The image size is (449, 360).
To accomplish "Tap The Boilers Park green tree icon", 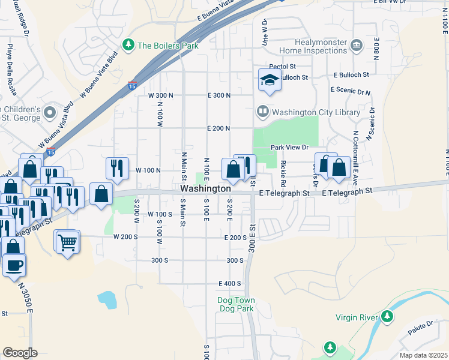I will [x=128, y=45].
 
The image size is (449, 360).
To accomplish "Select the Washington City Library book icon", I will [x=262, y=112].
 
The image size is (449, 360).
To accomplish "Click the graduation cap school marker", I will [x=270, y=80].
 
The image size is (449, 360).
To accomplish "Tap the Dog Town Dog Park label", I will [x=236, y=304].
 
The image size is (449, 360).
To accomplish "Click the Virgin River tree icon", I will [x=387, y=315].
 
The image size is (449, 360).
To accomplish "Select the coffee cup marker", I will [x=14, y=264].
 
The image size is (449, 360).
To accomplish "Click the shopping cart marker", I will [x=68, y=242].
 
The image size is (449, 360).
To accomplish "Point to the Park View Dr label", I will [x=289, y=147].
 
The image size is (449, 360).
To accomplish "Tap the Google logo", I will [x=20, y=353].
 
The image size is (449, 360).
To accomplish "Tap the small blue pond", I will [x=106, y=299].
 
